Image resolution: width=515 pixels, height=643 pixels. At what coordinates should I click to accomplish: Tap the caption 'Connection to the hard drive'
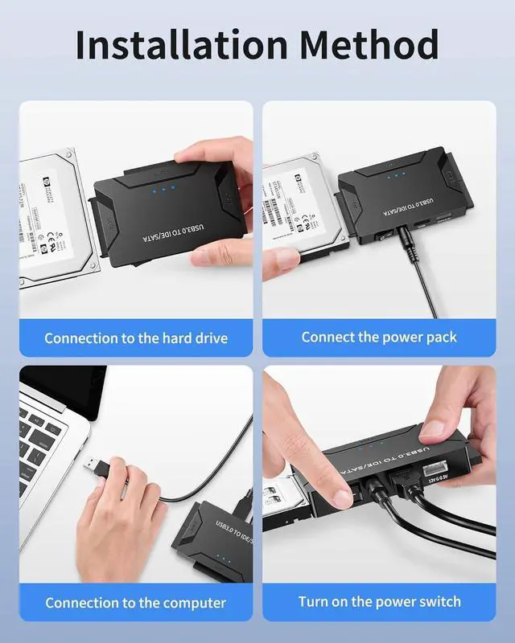coord(135,338)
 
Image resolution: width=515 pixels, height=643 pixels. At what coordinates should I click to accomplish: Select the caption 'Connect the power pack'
coord(379,337)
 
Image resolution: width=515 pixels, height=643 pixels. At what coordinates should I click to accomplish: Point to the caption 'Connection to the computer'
coord(135,602)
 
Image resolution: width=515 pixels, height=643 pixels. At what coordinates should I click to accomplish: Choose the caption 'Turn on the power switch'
coord(379,601)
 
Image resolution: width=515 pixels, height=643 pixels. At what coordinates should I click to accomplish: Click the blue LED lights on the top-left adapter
coord(163,191)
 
